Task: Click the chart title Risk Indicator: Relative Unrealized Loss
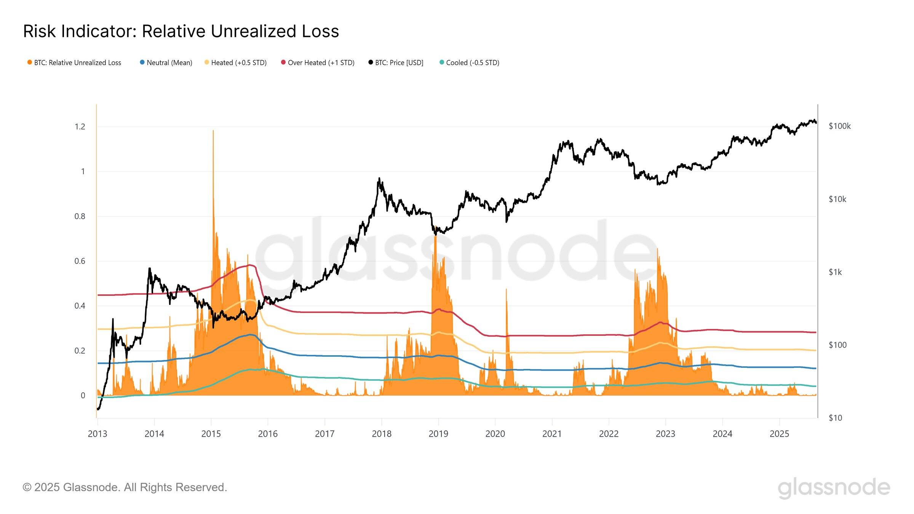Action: (x=181, y=31)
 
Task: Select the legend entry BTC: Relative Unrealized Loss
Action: (x=74, y=63)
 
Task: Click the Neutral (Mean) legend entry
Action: (x=166, y=63)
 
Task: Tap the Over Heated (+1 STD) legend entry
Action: (x=318, y=63)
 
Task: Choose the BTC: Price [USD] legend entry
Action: (x=396, y=63)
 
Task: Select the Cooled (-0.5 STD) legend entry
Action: (x=469, y=63)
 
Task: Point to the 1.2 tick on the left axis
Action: (x=80, y=127)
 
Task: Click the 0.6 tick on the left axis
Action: (x=80, y=261)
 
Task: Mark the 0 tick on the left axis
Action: (x=83, y=396)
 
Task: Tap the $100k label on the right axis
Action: (x=839, y=126)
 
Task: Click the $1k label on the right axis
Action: (x=835, y=272)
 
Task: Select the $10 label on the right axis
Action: (x=835, y=418)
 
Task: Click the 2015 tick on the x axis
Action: (x=211, y=434)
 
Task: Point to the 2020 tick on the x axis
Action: (x=495, y=434)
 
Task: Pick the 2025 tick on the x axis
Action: (x=779, y=434)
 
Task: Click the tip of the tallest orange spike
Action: (x=213, y=131)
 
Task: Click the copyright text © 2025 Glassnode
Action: (x=125, y=487)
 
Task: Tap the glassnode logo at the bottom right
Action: (x=834, y=487)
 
